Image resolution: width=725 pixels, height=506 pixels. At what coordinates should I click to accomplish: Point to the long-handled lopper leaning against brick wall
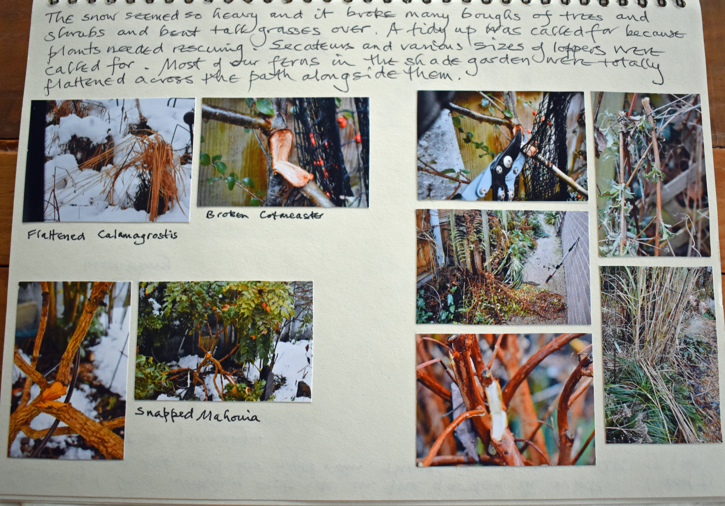(x=562, y=260)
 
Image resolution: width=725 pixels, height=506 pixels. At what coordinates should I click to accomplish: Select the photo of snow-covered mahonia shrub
(x=224, y=341)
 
